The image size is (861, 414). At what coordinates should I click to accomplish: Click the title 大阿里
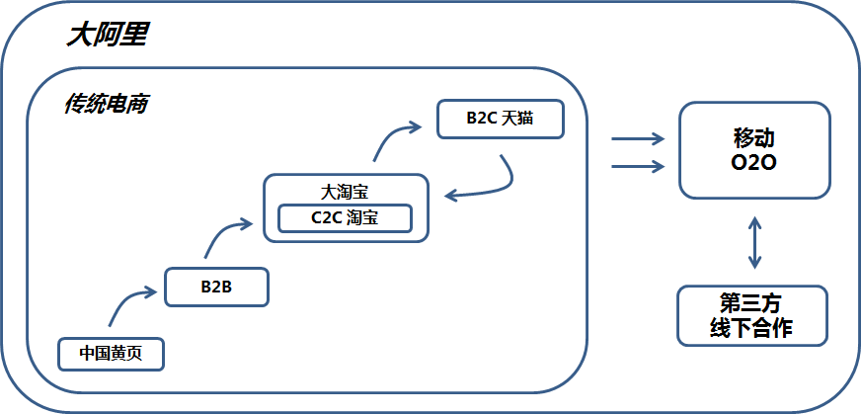click(107, 37)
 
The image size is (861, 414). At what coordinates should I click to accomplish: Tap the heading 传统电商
click(107, 104)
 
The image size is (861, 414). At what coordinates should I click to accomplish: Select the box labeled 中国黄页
click(110, 353)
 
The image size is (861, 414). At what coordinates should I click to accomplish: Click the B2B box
click(215, 287)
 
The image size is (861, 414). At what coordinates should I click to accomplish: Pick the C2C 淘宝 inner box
click(345, 218)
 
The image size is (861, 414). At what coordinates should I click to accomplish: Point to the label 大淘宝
click(345, 191)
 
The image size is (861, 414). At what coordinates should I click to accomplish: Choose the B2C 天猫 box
click(500, 119)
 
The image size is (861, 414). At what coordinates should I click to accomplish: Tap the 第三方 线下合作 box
click(751, 315)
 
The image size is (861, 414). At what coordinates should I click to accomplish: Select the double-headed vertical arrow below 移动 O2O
click(754, 242)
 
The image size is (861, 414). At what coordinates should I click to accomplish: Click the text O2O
click(753, 162)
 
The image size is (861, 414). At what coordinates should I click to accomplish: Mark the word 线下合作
click(751, 329)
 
